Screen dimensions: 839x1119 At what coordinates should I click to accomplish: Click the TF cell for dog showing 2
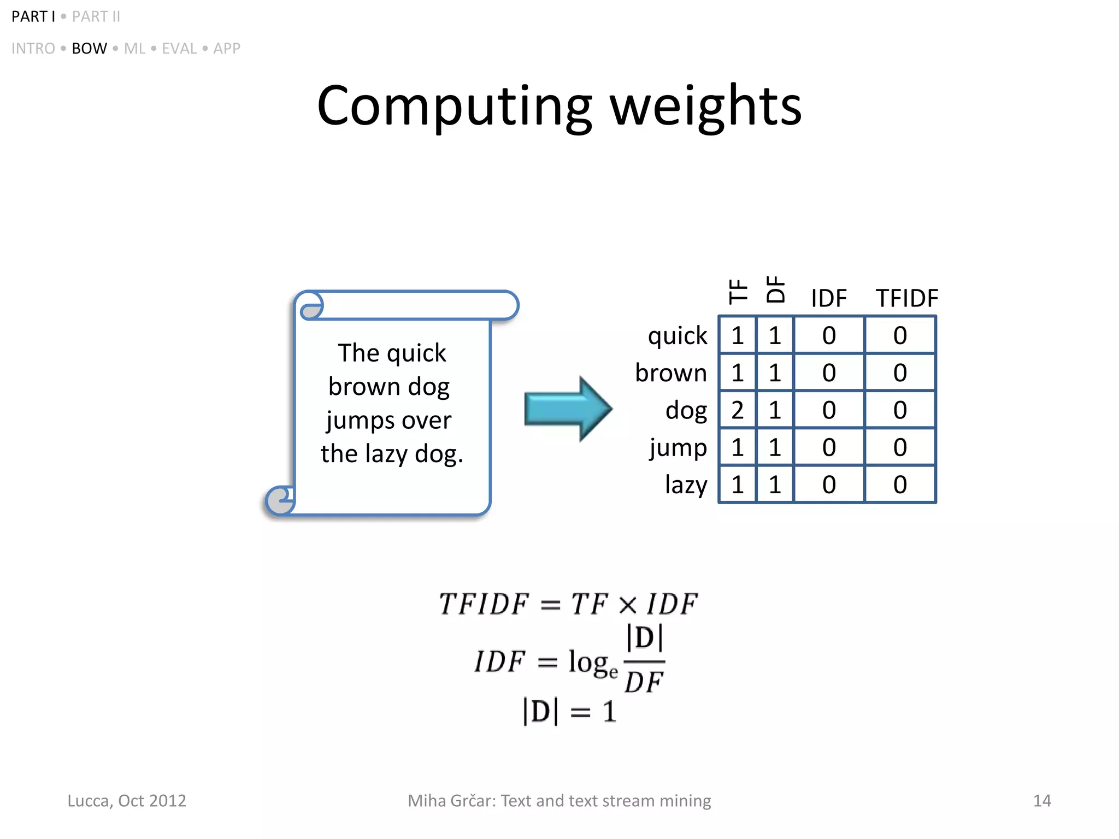click(737, 410)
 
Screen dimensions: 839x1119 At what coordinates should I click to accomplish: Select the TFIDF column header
click(906, 298)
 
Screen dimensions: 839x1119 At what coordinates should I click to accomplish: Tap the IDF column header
click(828, 298)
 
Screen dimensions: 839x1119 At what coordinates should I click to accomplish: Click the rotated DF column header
click(775, 289)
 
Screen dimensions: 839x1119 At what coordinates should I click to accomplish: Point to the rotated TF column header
click(738, 291)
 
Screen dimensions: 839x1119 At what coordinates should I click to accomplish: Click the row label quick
click(677, 335)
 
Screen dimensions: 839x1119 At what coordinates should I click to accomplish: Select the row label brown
click(670, 373)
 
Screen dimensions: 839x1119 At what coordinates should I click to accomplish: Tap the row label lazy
click(686, 485)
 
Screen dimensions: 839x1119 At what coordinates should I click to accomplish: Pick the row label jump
click(678, 448)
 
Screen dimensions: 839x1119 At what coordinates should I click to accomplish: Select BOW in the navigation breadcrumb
click(89, 49)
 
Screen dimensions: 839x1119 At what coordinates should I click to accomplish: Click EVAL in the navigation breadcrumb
click(179, 49)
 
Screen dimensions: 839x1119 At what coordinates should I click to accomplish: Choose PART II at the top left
click(96, 16)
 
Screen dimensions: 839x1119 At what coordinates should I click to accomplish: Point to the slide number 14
click(1041, 801)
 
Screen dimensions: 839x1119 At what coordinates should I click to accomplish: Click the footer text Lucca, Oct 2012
click(126, 801)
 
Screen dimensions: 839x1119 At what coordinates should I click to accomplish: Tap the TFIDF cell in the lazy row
click(900, 485)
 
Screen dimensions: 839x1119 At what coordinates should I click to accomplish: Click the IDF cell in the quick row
click(828, 335)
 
